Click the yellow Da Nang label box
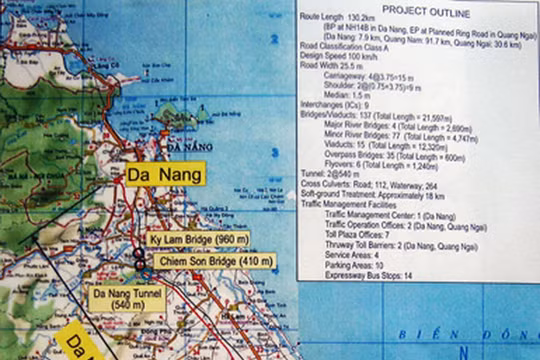pos(165,174)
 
